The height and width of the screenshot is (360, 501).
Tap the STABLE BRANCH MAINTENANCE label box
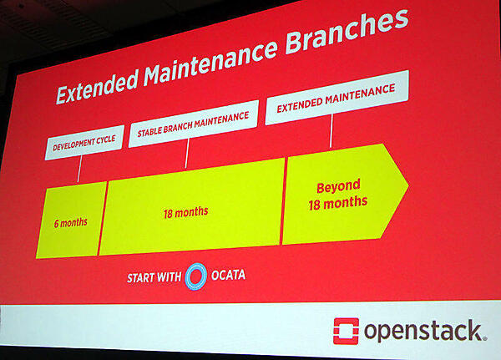[192, 123]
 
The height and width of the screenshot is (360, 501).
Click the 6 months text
[71, 222]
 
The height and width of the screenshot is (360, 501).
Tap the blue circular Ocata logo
[196, 276]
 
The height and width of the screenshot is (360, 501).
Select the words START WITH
[154, 277]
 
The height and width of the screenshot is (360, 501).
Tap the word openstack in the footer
[423, 331]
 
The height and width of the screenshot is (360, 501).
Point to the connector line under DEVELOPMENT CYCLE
[79, 169]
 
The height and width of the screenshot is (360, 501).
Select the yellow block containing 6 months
[71, 219]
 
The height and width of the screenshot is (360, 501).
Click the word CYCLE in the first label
[108, 141]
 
